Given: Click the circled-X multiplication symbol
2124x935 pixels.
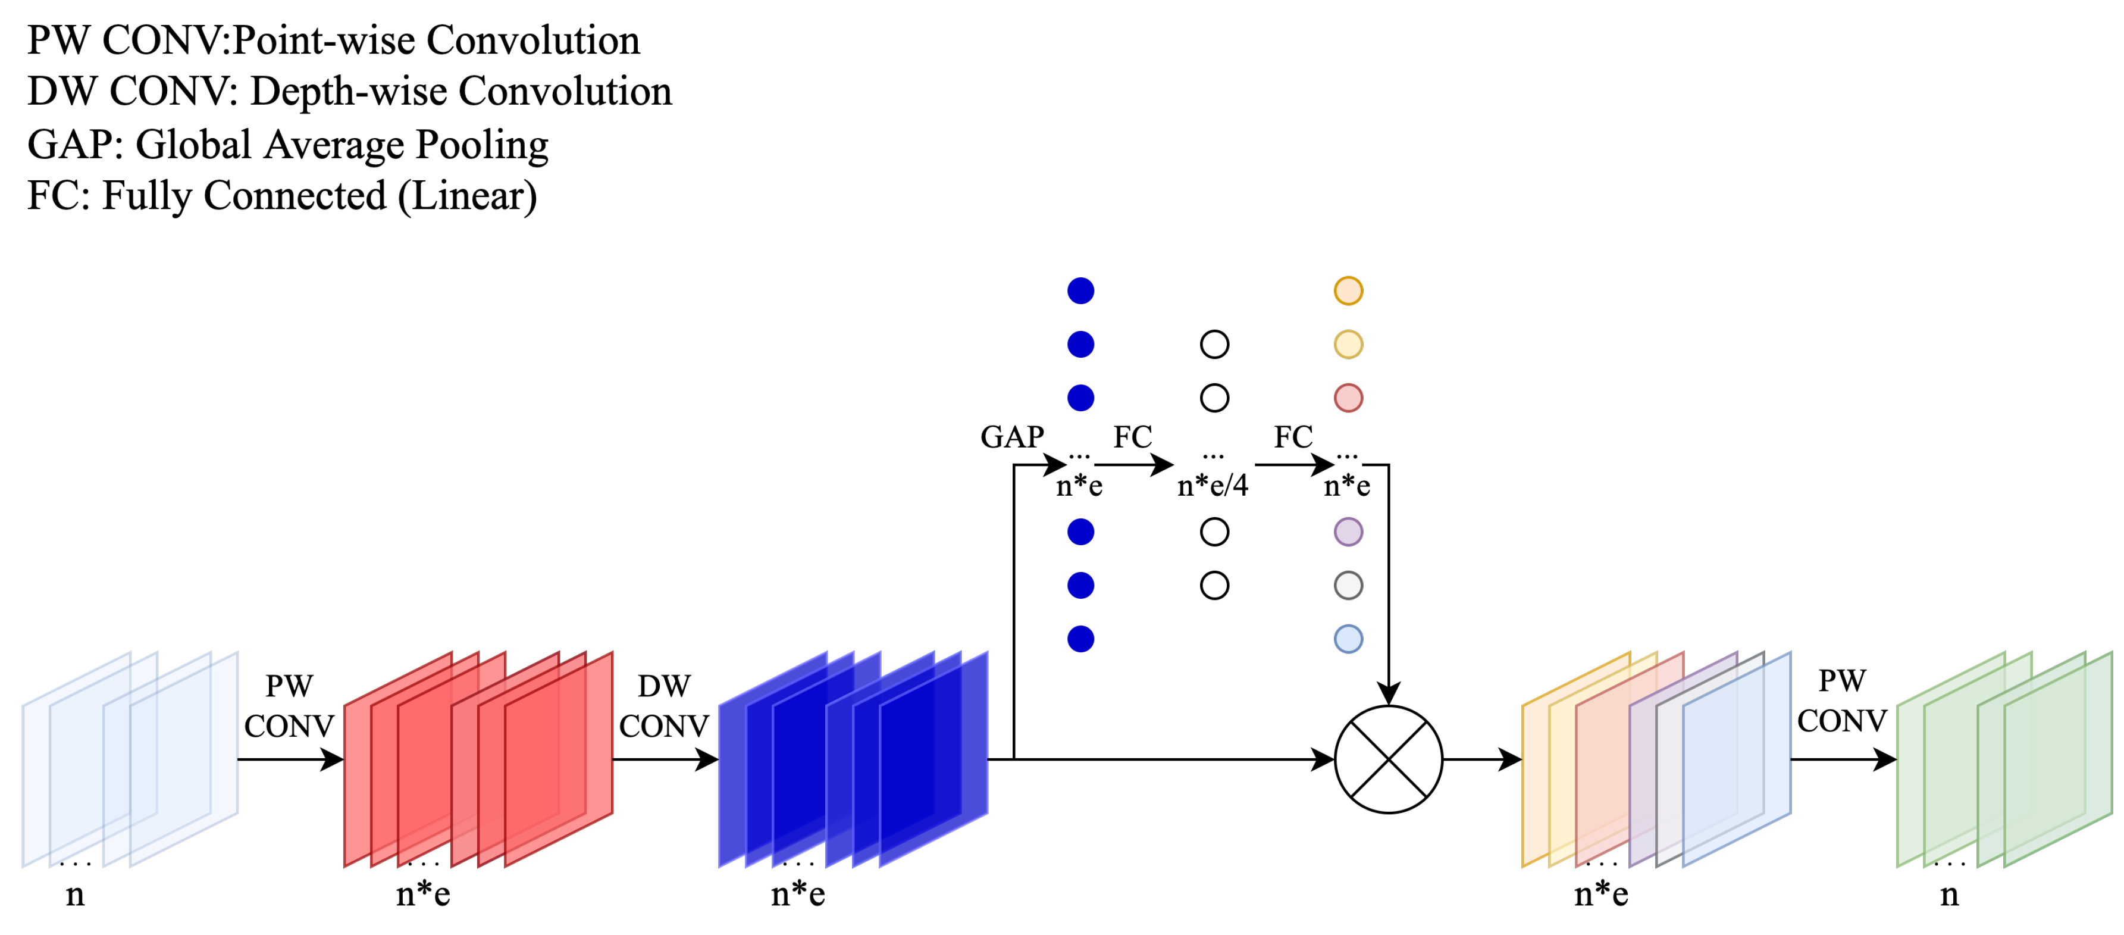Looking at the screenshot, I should (x=1389, y=759).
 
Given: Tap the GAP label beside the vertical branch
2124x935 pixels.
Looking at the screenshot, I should (x=1011, y=437).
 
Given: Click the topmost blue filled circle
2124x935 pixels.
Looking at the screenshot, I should (x=1080, y=290).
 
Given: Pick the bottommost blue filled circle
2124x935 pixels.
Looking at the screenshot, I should (x=1080, y=639).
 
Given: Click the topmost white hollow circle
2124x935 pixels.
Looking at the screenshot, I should (x=1214, y=344).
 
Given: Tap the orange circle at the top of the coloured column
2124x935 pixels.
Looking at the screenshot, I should (x=1348, y=290).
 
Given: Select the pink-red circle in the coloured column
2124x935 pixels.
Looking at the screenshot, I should (x=1348, y=398).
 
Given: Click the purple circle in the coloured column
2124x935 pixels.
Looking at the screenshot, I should (x=1348, y=532).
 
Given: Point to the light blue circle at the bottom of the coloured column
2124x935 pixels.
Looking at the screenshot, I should (x=1348, y=639).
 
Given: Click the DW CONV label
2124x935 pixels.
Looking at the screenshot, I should (x=664, y=706).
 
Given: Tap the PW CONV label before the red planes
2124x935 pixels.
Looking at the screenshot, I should (x=289, y=706).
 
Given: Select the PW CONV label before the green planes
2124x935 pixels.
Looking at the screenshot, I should (x=1841, y=701).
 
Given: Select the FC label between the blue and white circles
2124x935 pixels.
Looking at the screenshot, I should (x=1132, y=437).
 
